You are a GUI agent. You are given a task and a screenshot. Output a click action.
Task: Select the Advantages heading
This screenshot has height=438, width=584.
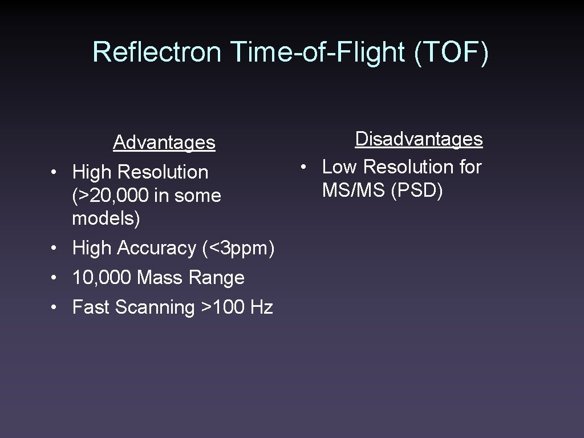pyautogui.click(x=164, y=142)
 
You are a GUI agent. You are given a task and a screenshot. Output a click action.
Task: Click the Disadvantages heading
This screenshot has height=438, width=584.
pyautogui.click(x=419, y=139)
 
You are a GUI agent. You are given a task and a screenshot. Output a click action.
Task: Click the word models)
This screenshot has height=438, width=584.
pyautogui.click(x=106, y=218)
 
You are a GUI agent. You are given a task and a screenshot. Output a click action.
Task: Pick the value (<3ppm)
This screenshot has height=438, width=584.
pyautogui.click(x=238, y=248)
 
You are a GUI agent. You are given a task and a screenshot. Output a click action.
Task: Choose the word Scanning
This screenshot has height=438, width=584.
pyautogui.click(x=155, y=307)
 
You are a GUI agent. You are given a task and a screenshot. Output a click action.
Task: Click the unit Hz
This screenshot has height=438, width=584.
pyautogui.click(x=261, y=307)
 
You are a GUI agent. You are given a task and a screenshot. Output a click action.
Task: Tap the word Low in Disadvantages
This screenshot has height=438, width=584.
pyautogui.click(x=340, y=167)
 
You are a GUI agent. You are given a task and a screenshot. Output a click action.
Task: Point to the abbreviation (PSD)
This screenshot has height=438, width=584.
pyautogui.click(x=417, y=190)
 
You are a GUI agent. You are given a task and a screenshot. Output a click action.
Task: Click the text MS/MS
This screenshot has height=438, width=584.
pyautogui.click(x=354, y=190)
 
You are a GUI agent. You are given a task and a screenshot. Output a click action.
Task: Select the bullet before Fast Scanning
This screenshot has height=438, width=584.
pyautogui.click(x=52, y=308)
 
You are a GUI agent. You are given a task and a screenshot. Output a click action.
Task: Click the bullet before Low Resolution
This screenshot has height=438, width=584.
pyautogui.click(x=306, y=168)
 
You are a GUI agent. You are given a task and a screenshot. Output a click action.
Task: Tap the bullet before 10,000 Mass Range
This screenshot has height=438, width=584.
pyautogui.click(x=52, y=278)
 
